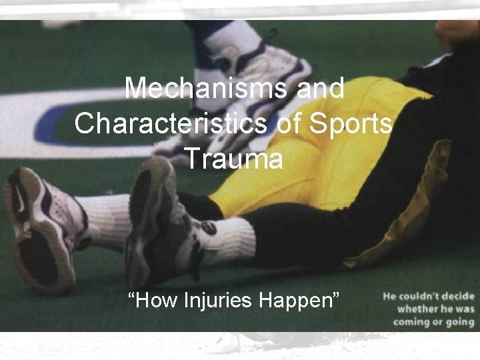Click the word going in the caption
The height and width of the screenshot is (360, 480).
click(460, 322)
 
